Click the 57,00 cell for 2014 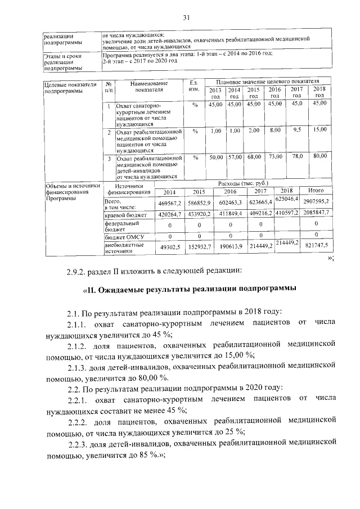[234, 158]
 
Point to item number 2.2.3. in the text [77, 445]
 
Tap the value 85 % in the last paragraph [148, 456]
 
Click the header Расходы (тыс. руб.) [241, 183]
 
